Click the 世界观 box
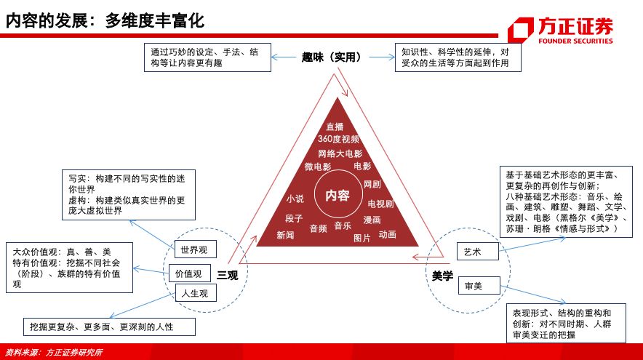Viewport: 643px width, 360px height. click(195, 249)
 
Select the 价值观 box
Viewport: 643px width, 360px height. click(189, 273)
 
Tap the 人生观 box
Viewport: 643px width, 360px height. click(196, 293)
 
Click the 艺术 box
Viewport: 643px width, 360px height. click(477, 252)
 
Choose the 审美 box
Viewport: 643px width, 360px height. click(479, 285)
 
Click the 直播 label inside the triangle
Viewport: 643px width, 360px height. click(335, 127)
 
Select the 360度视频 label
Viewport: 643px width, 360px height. click(339, 139)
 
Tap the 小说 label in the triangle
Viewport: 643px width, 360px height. click(295, 199)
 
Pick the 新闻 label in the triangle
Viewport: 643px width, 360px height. click(285, 235)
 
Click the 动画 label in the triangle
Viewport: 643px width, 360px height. click(387, 234)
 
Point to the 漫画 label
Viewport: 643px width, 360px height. click(372, 220)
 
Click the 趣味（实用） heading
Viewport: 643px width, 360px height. click(332, 57)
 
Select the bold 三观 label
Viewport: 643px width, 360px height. click(227, 275)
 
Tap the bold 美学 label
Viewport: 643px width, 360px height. click(442, 276)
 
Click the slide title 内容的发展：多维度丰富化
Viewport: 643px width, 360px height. click(105, 20)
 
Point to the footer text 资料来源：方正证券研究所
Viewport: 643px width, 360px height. click(54, 352)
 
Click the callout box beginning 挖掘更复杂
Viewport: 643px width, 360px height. click(109, 327)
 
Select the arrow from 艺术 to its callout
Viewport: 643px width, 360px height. click(532, 244)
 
